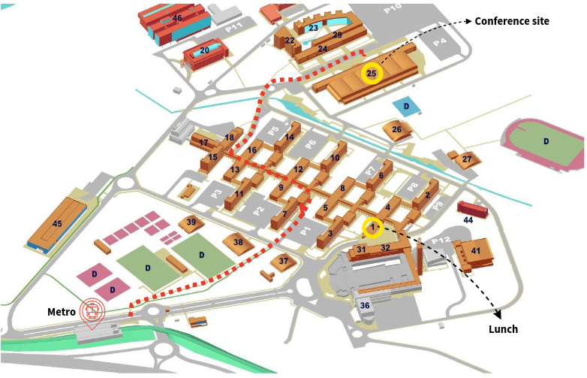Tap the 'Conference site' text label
(x=512, y=21)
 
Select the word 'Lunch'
(x=503, y=329)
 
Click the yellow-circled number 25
(x=372, y=73)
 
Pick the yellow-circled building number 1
(x=372, y=227)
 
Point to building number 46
(x=177, y=17)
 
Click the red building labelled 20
(x=204, y=51)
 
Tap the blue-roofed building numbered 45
(x=57, y=223)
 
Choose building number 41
(x=475, y=250)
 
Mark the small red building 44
(x=468, y=219)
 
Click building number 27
(x=467, y=159)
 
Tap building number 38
(x=238, y=242)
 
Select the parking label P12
(x=441, y=240)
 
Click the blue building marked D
(x=406, y=107)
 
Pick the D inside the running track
(x=546, y=141)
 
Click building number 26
(x=396, y=130)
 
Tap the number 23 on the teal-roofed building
(x=314, y=28)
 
